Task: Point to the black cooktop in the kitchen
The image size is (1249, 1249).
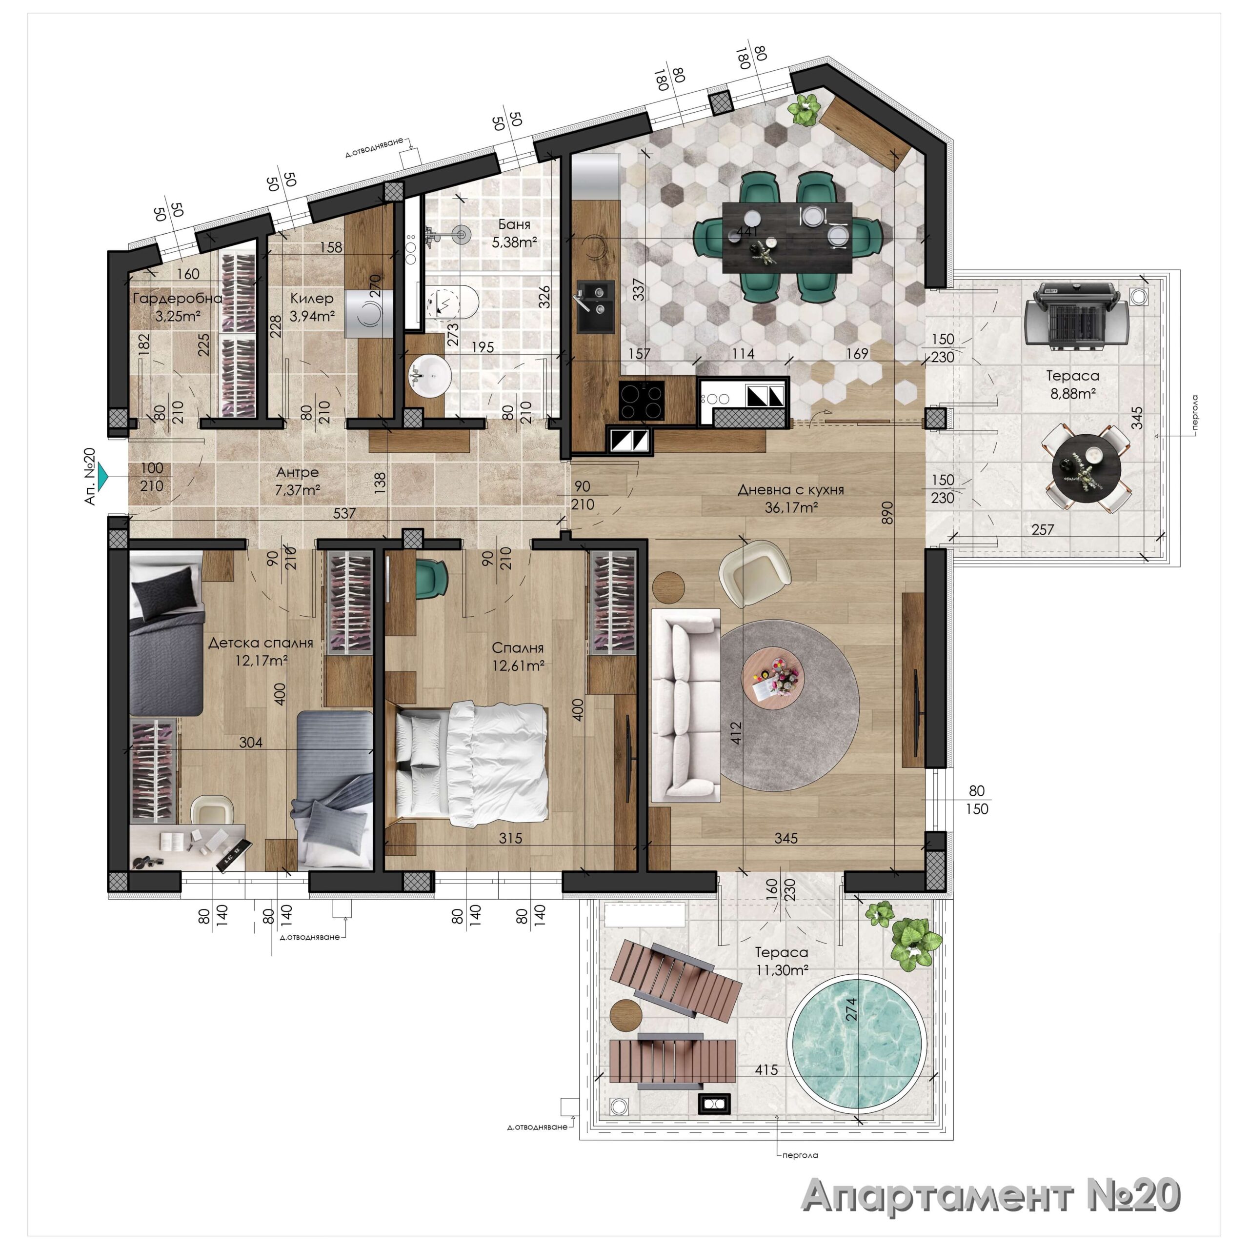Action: tap(641, 401)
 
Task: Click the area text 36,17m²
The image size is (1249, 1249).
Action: tap(791, 507)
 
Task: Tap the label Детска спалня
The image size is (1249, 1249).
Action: tap(261, 643)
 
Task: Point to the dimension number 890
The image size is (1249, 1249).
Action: tap(887, 513)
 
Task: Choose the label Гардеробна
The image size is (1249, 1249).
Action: tap(177, 298)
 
